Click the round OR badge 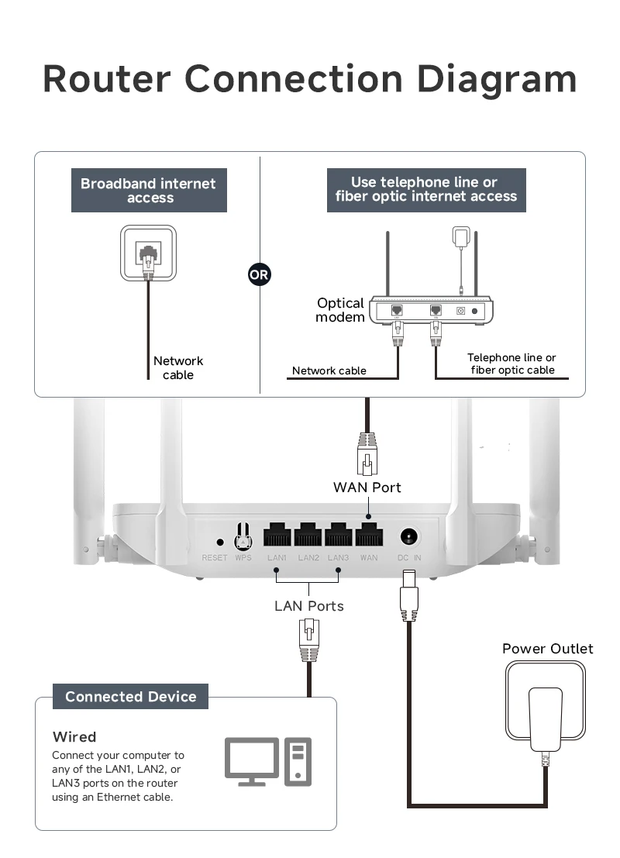[259, 274]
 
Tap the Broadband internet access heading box [150, 191]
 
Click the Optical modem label [340, 310]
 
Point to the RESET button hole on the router [220, 543]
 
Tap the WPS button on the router [243, 536]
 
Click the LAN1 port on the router [277, 535]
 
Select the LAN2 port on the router [308, 535]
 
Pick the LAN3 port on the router [339, 535]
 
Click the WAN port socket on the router [369, 535]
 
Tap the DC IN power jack [409, 536]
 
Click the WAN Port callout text [367, 488]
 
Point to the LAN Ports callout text [308, 606]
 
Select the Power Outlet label [547, 649]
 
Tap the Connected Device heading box [131, 697]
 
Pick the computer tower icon [298, 761]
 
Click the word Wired [74, 736]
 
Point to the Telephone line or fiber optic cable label [511, 364]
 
